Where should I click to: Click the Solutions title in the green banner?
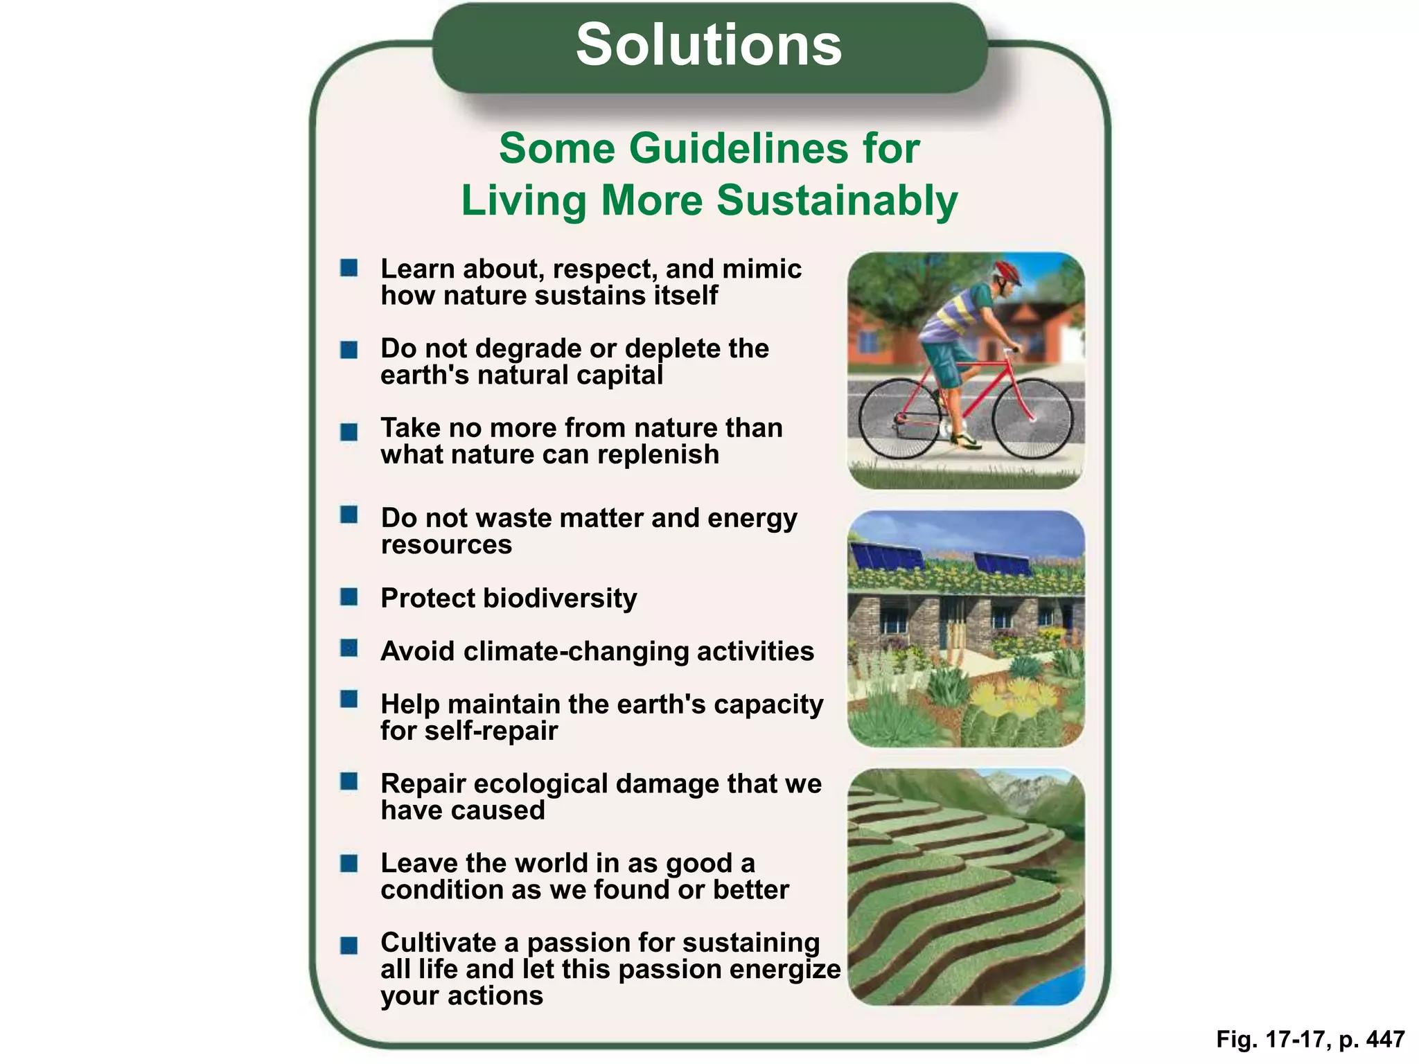click(x=709, y=46)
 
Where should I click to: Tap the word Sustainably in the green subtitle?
click(x=837, y=201)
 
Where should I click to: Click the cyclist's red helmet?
click(x=1007, y=271)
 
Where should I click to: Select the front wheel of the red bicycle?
click(x=1032, y=418)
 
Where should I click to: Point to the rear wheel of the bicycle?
click(x=899, y=418)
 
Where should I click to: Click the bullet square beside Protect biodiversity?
click(x=349, y=596)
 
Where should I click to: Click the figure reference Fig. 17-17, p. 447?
click(x=1310, y=1039)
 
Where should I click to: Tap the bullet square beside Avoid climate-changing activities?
click(x=349, y=648)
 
